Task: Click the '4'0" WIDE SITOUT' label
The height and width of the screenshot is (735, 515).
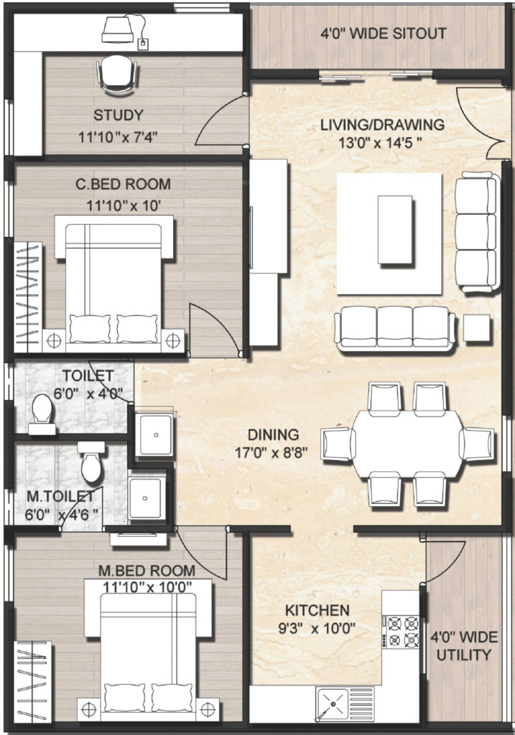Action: coord(383,33)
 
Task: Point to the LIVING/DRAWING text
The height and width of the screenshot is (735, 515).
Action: coord(382,124)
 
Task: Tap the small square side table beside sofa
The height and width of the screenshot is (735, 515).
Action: coord(476,327)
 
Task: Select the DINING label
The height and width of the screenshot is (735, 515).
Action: coord(273,434)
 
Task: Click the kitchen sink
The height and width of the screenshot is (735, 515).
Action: coord(332,703)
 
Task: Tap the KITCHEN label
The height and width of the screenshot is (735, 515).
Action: coord(317,611)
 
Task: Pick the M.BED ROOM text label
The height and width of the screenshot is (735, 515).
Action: coord(147,571)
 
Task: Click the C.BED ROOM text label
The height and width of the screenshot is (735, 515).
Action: coord(124,184)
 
